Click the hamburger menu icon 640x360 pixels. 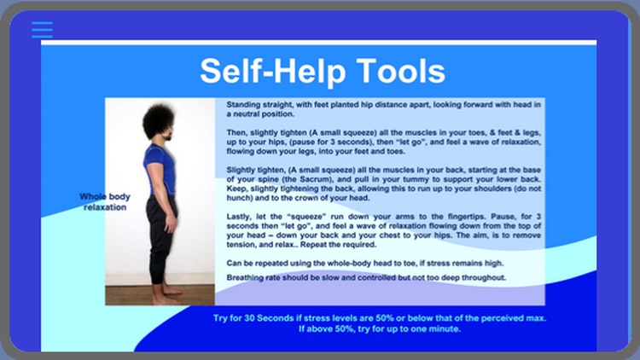point(42,30)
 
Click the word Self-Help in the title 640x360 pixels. point(271,71)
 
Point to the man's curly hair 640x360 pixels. point(158,120)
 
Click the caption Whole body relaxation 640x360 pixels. point(104,201)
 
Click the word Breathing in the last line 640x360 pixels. point(246,277)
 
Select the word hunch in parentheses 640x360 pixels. point(237,198)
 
